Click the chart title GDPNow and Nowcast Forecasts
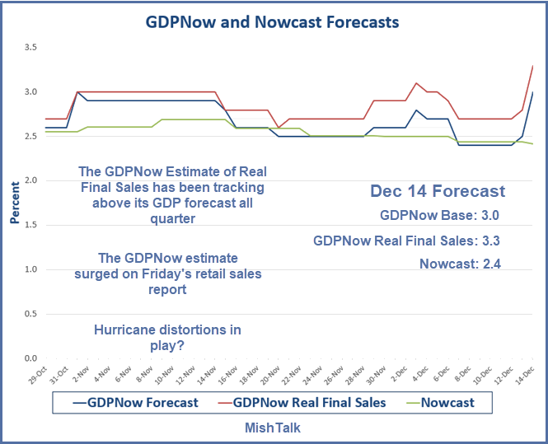pyautogui.click(x=272, y=21)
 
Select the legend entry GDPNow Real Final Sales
pyautogui.click(x=309, y=403)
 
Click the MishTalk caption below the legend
pyautogui.click(x=273, y=428)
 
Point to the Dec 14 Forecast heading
pyautogui.click(x=437, y=191)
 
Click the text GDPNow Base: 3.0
pyautogui.click(x=440, y=217)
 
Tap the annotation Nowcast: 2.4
pyautogui.click(x=459, y=264)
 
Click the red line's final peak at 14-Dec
pyautogui.click(x=532, y=66)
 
